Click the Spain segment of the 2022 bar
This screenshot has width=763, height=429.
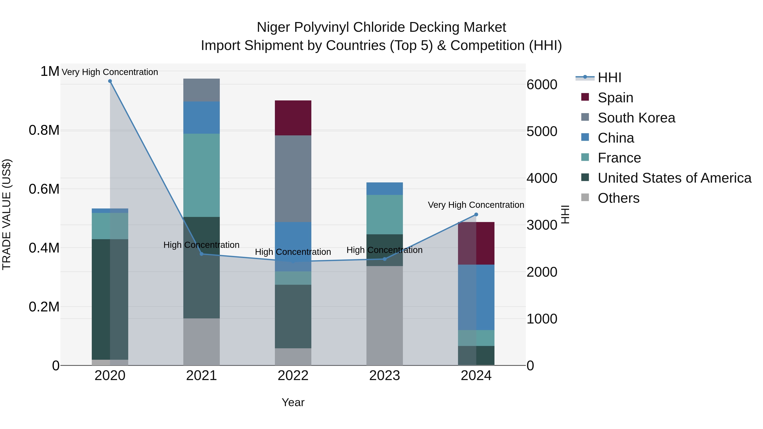pyautogui.click(x=293, y=118)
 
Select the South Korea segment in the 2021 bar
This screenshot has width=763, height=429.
pyautogui.click(x=201, y=90)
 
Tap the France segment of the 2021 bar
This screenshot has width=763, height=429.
pyautogui.click(x=201, y=175)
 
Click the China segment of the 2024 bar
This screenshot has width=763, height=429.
pyautogui.click(x=476, y=297)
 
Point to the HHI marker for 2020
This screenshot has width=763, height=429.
pyautogui.click(x=110, y=81)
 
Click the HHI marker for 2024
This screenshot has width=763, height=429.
pyautogui.click(x=476, y=215)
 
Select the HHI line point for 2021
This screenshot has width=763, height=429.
pyautogui.click(x=201, y=254)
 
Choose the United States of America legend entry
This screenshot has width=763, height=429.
pyautogui.click(x=674, y=178)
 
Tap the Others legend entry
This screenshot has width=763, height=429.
pyautogui.click(x=618, y=198)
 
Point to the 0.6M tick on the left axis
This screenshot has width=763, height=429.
pyautogui.click(x=44, y=189)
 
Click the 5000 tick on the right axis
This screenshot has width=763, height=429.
pyautogui.click(x=542, y=131)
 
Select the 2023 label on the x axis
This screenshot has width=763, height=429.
pyautogui.click(x=384, y=376)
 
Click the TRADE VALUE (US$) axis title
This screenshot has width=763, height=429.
pyautogui.click(x=7, y=214)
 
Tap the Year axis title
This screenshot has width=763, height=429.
pyautogui.click(x=293, y=402)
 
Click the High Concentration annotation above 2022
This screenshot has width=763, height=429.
pyautogui.click(x=293, y=252)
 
